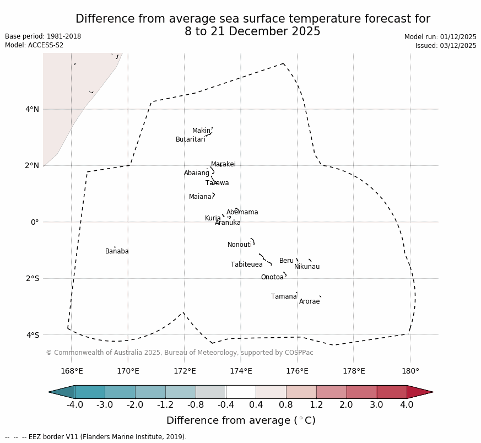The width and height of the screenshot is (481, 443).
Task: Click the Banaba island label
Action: (117, 251)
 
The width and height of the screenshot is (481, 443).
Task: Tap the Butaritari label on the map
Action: (191, 139)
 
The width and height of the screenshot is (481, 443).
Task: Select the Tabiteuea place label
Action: (247, 264)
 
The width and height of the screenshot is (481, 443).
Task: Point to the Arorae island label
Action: (310, 301)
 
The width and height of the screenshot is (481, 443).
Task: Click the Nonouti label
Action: (240, 245)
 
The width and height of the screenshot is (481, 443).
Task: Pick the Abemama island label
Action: (242, 212)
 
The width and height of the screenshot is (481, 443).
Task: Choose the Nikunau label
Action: (307, 267)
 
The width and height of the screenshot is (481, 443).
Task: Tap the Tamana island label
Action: (284, 296)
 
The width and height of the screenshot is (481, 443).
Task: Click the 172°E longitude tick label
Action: (185, 371)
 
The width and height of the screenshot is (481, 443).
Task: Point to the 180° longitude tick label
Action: (410, 371)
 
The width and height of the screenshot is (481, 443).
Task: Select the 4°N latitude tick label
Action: (32, 109)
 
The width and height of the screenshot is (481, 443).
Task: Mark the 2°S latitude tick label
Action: (32, 278)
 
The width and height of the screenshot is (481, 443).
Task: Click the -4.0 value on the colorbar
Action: (75, 405)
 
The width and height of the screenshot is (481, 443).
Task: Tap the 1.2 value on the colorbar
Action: (316, 405)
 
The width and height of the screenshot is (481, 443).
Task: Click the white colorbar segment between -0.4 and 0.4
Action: (241, 392)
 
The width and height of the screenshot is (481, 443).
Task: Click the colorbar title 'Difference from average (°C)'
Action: (241, 420)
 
